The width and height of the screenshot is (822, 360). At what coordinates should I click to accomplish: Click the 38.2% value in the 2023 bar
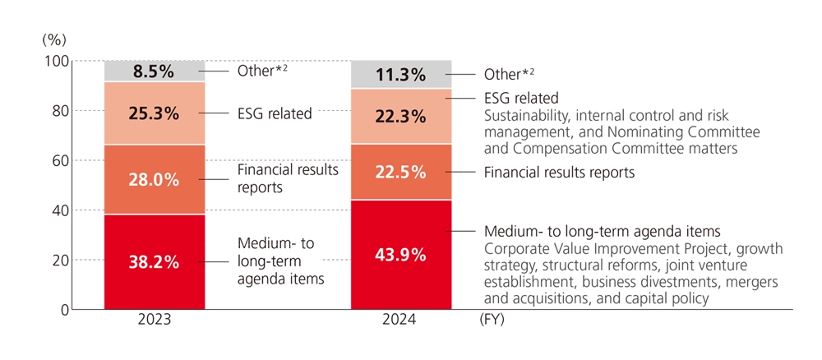coord(154,262)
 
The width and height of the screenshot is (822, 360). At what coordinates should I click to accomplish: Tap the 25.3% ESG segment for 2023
coord(154,113)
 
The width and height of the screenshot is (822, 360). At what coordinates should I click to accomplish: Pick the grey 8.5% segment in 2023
coord(154,72)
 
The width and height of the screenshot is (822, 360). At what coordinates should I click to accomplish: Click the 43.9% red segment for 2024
coord(401,255)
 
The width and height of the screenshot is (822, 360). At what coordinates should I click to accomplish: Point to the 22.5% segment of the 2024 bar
coord(401,172)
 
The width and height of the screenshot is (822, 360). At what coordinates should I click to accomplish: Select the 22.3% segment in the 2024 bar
coord(401,116)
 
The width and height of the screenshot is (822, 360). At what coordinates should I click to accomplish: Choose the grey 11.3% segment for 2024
coord(401,75)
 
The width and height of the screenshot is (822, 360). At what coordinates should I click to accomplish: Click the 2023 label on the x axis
coord(154,321)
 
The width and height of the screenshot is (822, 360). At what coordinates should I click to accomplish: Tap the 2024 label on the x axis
coord(401,321)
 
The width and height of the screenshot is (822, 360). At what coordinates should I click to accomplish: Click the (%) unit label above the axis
coord(53,39)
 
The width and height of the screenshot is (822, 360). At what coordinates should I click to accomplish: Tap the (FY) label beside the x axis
coord(492,321)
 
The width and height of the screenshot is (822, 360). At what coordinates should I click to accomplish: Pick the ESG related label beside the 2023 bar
coord(274,113)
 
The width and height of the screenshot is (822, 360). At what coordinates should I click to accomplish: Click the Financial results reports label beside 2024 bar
coord(560,173)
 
